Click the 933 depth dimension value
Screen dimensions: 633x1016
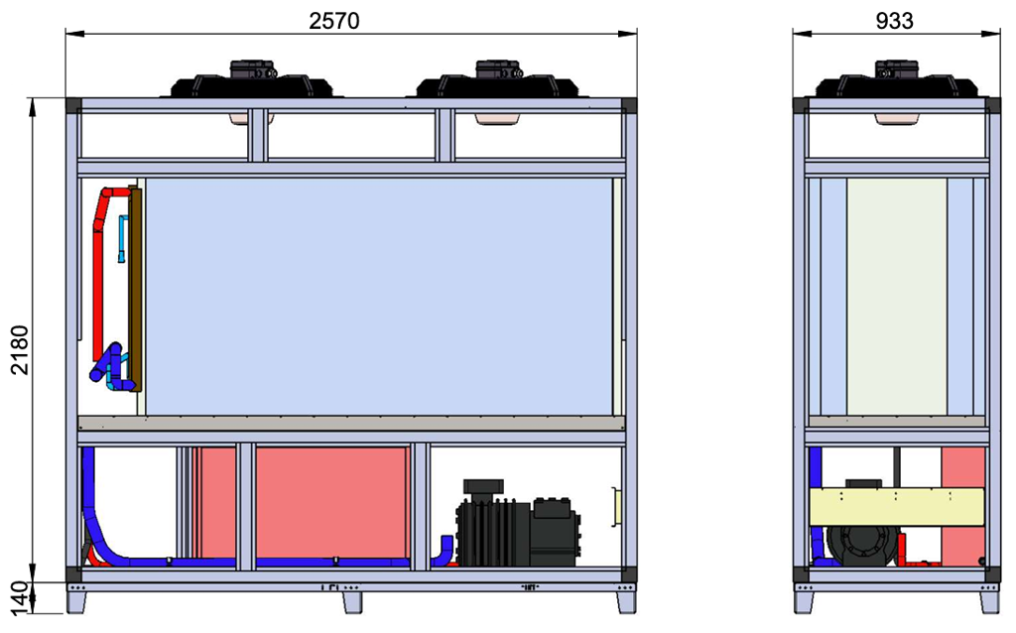(x=895, y=19)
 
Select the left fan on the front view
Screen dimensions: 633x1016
(x=250, y=81)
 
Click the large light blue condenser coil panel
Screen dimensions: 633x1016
(x=377, y=296)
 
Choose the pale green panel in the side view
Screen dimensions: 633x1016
(x=896, y=296)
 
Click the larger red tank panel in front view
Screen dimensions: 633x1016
(x=331, y=501)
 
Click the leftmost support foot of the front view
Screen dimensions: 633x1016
(x=77, y=599)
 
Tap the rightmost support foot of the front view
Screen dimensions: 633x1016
(x=625, y=599)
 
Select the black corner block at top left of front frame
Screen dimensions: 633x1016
(x=72, y=104)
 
